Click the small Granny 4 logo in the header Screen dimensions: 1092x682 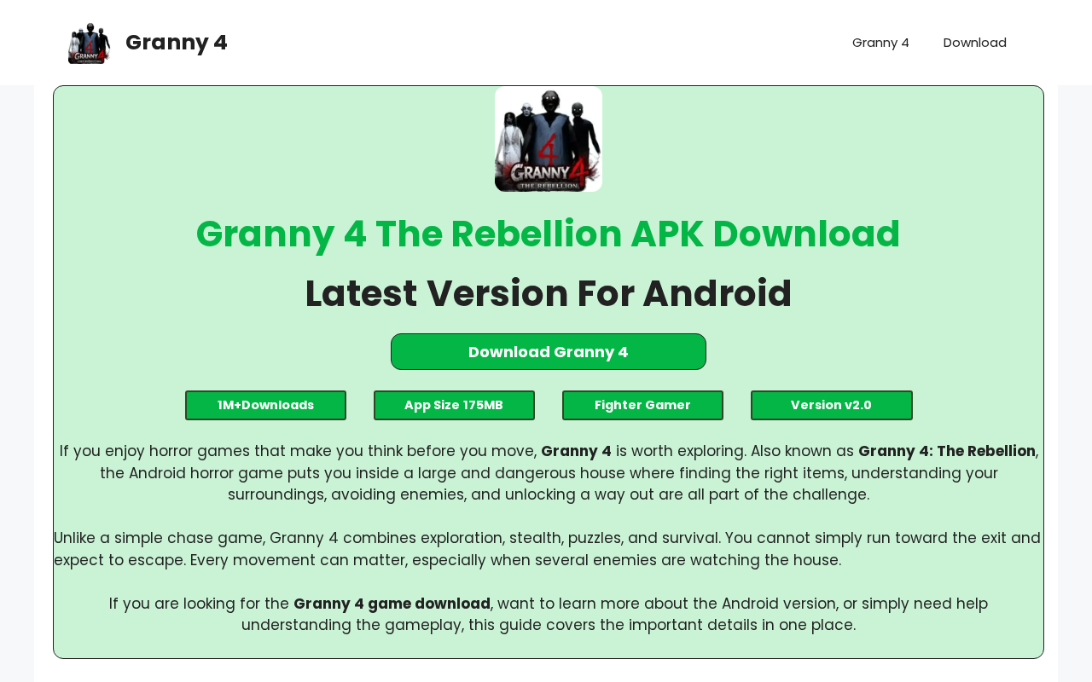tap(90, 43)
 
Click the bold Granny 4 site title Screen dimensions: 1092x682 tap(176, 43)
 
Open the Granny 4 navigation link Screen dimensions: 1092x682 tap(880, 43)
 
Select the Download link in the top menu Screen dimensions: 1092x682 tap(974, 43)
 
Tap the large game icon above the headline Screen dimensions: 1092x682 tap(549, 139)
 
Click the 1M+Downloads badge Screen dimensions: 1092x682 tap(265, 405)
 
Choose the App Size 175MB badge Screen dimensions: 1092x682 tap(454, 405)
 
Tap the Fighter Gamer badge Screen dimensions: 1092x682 tap(642, 405)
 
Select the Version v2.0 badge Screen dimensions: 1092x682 tap(831, 405)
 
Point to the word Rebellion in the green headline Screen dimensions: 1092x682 tap(537, 234)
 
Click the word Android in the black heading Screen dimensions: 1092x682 tap(717, 294)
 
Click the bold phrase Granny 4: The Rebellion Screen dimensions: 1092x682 tap(947, 451)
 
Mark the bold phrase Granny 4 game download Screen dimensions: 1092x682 tap(392, 604)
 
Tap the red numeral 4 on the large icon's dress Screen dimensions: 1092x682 tap(549, 150)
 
